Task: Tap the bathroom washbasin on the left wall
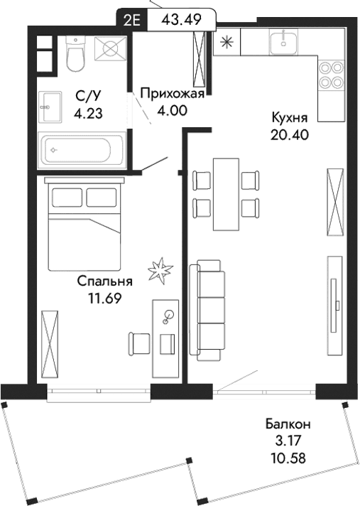coord(49,106)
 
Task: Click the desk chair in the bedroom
coord(138,343)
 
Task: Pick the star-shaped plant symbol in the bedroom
coord(160,270)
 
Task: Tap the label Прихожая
coord(173,92)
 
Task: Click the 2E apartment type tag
coord(131,19)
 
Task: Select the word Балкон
coord(293,425)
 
